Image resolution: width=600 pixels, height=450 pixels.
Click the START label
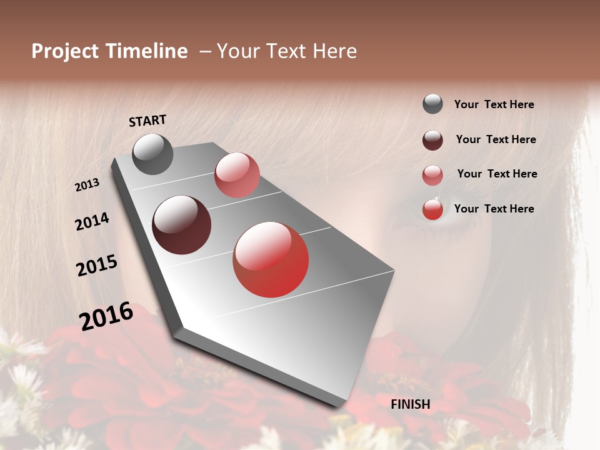(x=147, y=121)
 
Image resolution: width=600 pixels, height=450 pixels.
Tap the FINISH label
(x=411, y=404)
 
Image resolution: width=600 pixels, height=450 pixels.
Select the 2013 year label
(x=87, y=185)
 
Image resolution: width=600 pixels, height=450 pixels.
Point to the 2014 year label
(x=92, y=221)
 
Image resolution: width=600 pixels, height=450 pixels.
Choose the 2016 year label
(x=106, y=316)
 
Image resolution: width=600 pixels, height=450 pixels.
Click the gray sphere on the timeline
(x=152, y=154)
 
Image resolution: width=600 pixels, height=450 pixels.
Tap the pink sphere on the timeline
(x=237, y=175)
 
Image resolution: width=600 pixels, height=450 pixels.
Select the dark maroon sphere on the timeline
(x=182, y=225)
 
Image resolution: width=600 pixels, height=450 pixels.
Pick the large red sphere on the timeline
(x=271, y=259)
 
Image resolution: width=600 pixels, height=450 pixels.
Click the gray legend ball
(x=432, y=104)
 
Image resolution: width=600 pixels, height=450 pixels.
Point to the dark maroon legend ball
(x=432, y=140)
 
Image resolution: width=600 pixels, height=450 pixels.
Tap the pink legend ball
(x=432, y=175)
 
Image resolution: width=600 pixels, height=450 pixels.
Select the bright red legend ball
(x=432, y=209)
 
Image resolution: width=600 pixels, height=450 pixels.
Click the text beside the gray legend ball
(x=494, y=104)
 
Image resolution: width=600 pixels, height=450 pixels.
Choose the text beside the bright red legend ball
(x=494, y=209)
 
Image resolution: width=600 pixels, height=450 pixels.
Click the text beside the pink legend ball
(x=497, y=174)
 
